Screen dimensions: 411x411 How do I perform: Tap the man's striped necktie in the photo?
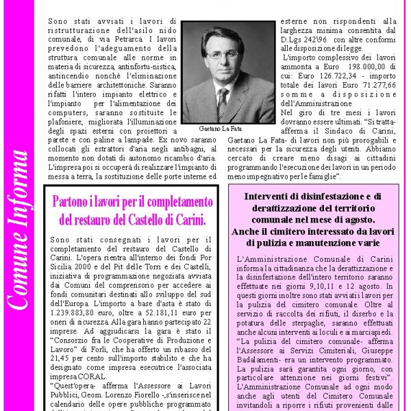coord(223,102)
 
